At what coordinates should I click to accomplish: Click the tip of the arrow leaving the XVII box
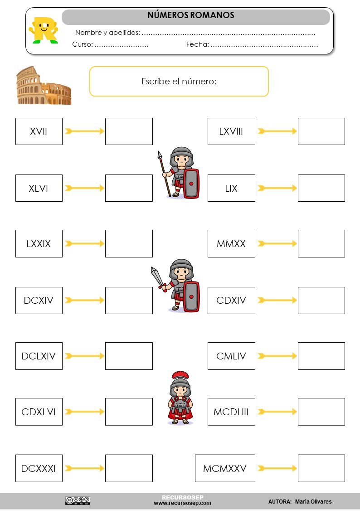(x=104, y=131)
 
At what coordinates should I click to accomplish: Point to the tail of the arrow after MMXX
(x=258, y=243)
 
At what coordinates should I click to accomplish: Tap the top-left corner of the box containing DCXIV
(x=16, y=287)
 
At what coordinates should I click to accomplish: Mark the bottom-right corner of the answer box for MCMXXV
(x=345, y=481)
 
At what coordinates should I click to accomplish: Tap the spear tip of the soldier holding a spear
(x=160, y=154)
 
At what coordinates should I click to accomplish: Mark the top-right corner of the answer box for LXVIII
(x=345, y=118)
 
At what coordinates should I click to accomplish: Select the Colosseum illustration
(x=44, y=85)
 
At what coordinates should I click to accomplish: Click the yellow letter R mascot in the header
(x=44, y=30)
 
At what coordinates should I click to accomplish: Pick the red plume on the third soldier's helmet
(x=180, y=375)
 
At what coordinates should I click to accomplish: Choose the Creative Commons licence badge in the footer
(x=78, y=500)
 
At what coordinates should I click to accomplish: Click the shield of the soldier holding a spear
(x=191, y=184)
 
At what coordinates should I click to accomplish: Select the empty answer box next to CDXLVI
(x=129, y=412)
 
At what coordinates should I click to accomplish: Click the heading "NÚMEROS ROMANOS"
(x=191, y=15)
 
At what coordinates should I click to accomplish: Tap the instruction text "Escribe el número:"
(x=179, y=81)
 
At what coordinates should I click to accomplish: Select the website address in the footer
(x=182, y=503)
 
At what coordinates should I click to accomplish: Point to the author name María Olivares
(x=313, y=502)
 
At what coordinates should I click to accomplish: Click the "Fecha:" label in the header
(x=197, y=44)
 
